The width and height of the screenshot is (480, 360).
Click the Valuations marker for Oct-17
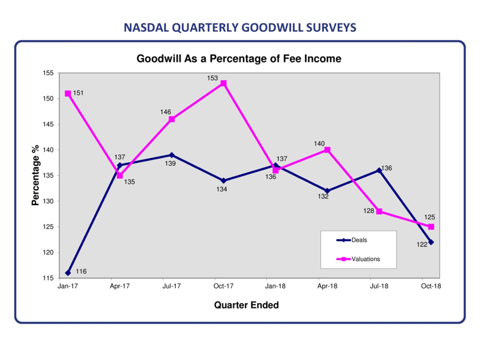223,83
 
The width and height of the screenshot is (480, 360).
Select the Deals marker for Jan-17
68,273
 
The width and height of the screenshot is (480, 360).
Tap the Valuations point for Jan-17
68,93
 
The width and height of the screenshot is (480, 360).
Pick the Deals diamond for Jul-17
171,155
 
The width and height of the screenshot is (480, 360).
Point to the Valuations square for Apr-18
327,149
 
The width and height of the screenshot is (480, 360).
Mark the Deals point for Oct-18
431,242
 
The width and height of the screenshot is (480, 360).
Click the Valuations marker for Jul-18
380,211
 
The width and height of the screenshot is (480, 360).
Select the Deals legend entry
351,240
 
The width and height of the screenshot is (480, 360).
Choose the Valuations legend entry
358,259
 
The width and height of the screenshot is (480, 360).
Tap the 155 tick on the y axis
48,73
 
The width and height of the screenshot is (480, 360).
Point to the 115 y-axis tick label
48,278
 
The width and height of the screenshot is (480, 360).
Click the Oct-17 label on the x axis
223,286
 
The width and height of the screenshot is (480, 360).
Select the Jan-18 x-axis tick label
276,286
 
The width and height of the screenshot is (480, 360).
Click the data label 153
212,78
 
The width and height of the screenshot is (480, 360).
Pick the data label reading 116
81,271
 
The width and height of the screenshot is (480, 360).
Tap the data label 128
369,211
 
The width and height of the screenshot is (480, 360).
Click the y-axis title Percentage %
36,175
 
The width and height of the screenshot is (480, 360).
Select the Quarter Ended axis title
246,305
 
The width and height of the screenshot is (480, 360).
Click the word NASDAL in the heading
146,28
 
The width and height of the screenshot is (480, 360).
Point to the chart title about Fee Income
239,59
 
